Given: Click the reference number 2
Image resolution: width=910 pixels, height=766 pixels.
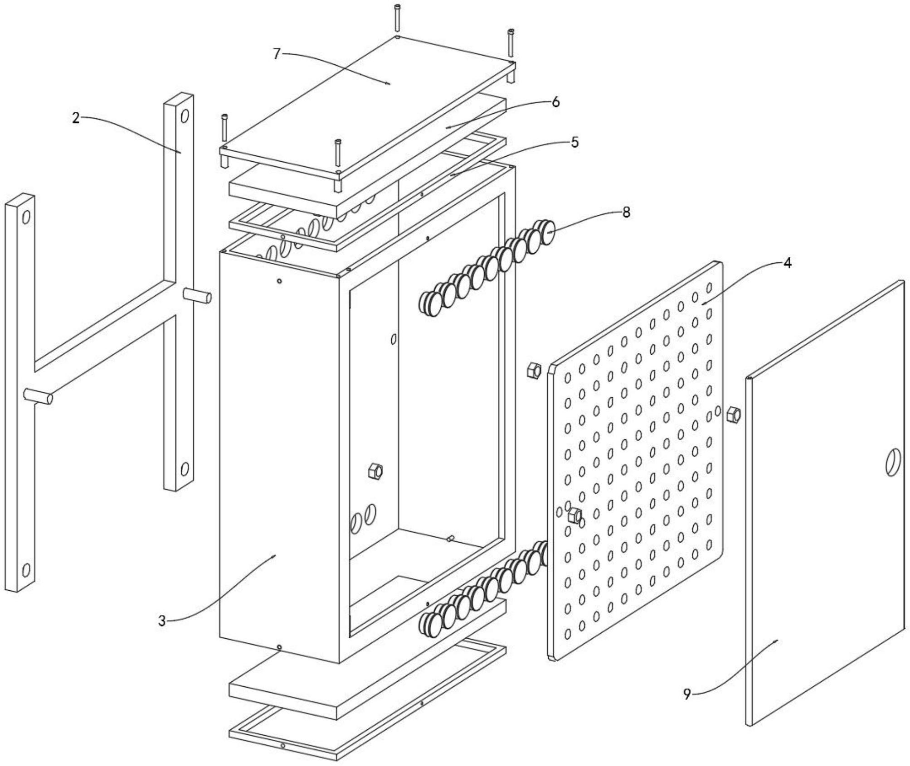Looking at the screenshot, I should (x=76, y=119).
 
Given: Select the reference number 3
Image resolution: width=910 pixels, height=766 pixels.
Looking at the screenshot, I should (x=162, y=621).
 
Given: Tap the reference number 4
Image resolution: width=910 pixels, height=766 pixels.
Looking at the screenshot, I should (x=787, y=263).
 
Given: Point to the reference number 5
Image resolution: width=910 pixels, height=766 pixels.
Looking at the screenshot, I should (x=575, y=142).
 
